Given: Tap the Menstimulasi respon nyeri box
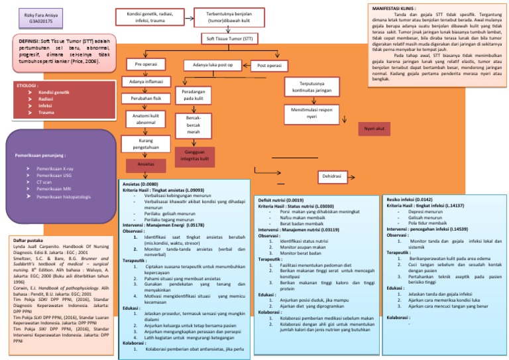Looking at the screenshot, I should pos(310,112).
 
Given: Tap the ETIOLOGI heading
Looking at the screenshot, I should pos(28,86).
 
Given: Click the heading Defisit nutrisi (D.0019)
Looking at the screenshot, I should pos(281,200).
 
